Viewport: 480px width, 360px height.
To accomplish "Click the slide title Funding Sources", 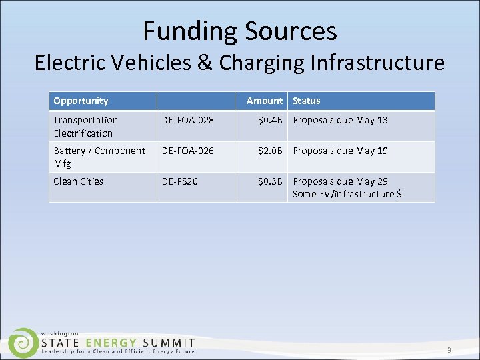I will (239, 31).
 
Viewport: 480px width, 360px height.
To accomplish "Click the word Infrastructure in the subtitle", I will (377, 63).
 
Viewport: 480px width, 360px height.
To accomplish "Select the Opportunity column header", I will (81, 101).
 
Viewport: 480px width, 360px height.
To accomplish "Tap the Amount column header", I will (265, 101).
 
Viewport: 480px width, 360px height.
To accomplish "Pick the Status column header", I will (306, 101).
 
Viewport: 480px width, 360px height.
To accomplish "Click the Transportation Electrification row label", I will (85, 126).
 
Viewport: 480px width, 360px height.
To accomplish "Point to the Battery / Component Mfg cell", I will (99, 157).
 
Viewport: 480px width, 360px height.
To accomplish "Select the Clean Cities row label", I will (78, 181).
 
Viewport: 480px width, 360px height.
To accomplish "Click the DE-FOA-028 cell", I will (187, 120).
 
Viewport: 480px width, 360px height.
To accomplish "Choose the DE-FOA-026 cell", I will (187, 151).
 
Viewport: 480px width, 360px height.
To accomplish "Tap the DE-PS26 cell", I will (180, 181).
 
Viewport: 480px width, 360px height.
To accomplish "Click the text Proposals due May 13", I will (340, 120).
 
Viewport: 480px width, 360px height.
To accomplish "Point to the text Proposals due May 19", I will (340, 151).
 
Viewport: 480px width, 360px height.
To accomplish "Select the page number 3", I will (449, 350).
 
